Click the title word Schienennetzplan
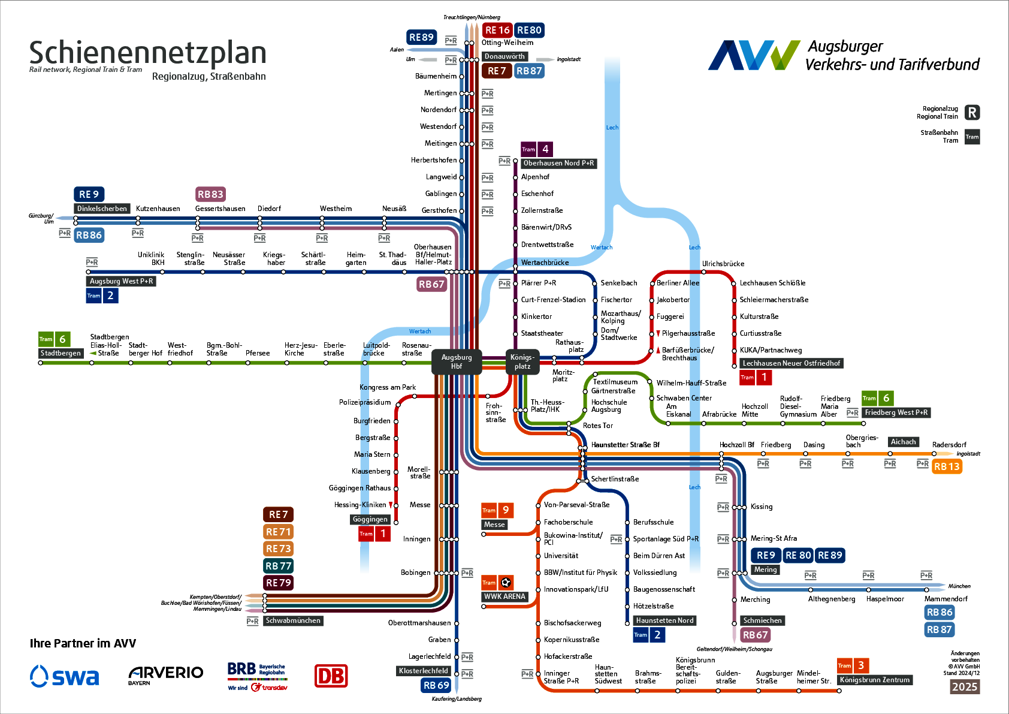pyautogui.click(x=147, y=53)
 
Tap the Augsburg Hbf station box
pyautogui.click(x=457, y=362)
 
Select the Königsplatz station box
pyautogui.click(x=522, y=361)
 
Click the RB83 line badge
pyautogui.click(x=210, y=194)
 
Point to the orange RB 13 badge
pyautogui.click(x=947, y=466)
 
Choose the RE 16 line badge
pyautogui.click(x=497, y=30)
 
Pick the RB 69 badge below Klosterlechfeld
pyautogui.click(x=436, y=685)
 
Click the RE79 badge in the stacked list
pyautogui.click(x=278, y=583)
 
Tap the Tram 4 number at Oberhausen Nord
pyautogui.click(x=545, y=149)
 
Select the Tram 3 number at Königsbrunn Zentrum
pyautogui.click(x=861, y=665)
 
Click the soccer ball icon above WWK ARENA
pyautogui.click(x=506, y=582)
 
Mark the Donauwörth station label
pyautogui.click(x=505, y=56)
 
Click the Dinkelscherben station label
pyautogui.click(x=102, y=209)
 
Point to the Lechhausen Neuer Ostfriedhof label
pyautogui.click(x=791, y=363)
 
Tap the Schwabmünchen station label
pyautogui.click(x=293, y=620)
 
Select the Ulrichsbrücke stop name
pyautogui.click(x=723, y=264)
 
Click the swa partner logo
pyautogui.click(x=65, y=676)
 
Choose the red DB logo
pyautogui.click(x=331, y=676)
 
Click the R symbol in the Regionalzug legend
pyautogui.click(x=972, y=113)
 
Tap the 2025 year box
pyautogui.click(x=964, y=687)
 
